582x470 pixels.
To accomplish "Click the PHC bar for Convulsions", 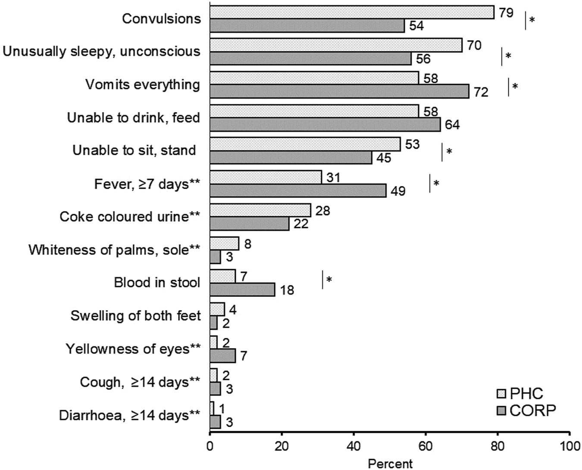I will tap(351, 12).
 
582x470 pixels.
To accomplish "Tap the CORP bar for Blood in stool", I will tap(242, 289).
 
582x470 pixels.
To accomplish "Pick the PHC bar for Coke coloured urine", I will tap(260, 210).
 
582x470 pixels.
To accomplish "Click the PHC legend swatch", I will tap(501, 393).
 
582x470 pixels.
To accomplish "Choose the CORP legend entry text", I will tap(532, 411).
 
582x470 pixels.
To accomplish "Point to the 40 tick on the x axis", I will tap(354, 446).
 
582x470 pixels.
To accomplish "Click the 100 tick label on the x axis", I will tap(570, 446).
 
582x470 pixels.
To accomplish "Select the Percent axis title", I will tap(390, 464).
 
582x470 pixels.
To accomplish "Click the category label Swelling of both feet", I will tap(135, 316).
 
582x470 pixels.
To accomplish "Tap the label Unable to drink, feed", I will tap(133, 118).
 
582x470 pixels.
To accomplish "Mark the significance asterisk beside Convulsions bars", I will tap(532, 20).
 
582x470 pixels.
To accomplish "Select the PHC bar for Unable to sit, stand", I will tap(305, 144).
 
